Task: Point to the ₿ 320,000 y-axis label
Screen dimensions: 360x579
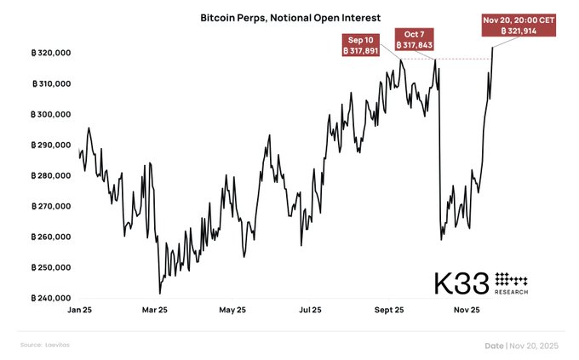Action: [49, 53]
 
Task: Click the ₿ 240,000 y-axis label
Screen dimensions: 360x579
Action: [49, 298]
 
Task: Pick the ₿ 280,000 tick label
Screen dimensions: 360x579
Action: [49, 175]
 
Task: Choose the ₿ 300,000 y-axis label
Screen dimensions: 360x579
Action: [49, 114]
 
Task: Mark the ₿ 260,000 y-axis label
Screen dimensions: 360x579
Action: [49, 237]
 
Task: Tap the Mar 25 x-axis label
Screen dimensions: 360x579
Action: [155, 311]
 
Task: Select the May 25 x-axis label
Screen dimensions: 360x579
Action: [232, 311]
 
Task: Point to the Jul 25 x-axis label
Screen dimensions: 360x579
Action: [310, 311]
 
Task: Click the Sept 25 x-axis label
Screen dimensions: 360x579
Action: [388, 311]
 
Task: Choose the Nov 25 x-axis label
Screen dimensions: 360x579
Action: [467, 311]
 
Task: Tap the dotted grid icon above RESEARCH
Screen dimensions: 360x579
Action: [511, 278]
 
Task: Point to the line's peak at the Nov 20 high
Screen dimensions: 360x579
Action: [493, 48]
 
